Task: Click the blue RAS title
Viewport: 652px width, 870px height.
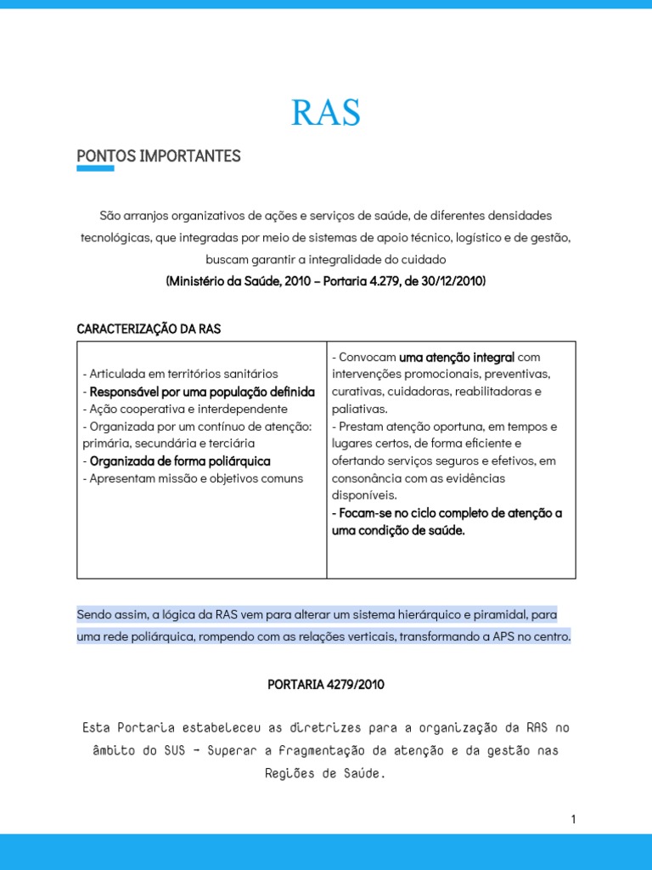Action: coord(326,112)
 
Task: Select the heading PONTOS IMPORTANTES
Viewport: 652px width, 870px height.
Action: coord(159,156)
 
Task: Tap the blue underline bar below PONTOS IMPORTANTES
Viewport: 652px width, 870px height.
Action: coord(95,169)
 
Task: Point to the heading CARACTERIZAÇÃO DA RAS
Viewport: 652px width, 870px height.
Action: coord(149,329)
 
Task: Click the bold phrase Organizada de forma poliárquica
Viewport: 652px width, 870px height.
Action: coord(180,460)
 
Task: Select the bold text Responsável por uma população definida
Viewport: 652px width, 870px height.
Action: coord(202,392)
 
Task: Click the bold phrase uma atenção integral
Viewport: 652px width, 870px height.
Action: coord(457,357)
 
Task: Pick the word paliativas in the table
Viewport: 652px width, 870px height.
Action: coord(358,409)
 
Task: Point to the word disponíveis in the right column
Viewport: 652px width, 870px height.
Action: coord(364,495)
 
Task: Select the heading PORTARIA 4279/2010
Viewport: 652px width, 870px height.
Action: coord(326,684)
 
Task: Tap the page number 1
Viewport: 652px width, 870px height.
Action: coord(573,819)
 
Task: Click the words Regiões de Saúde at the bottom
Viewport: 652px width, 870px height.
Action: coord(326,773)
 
